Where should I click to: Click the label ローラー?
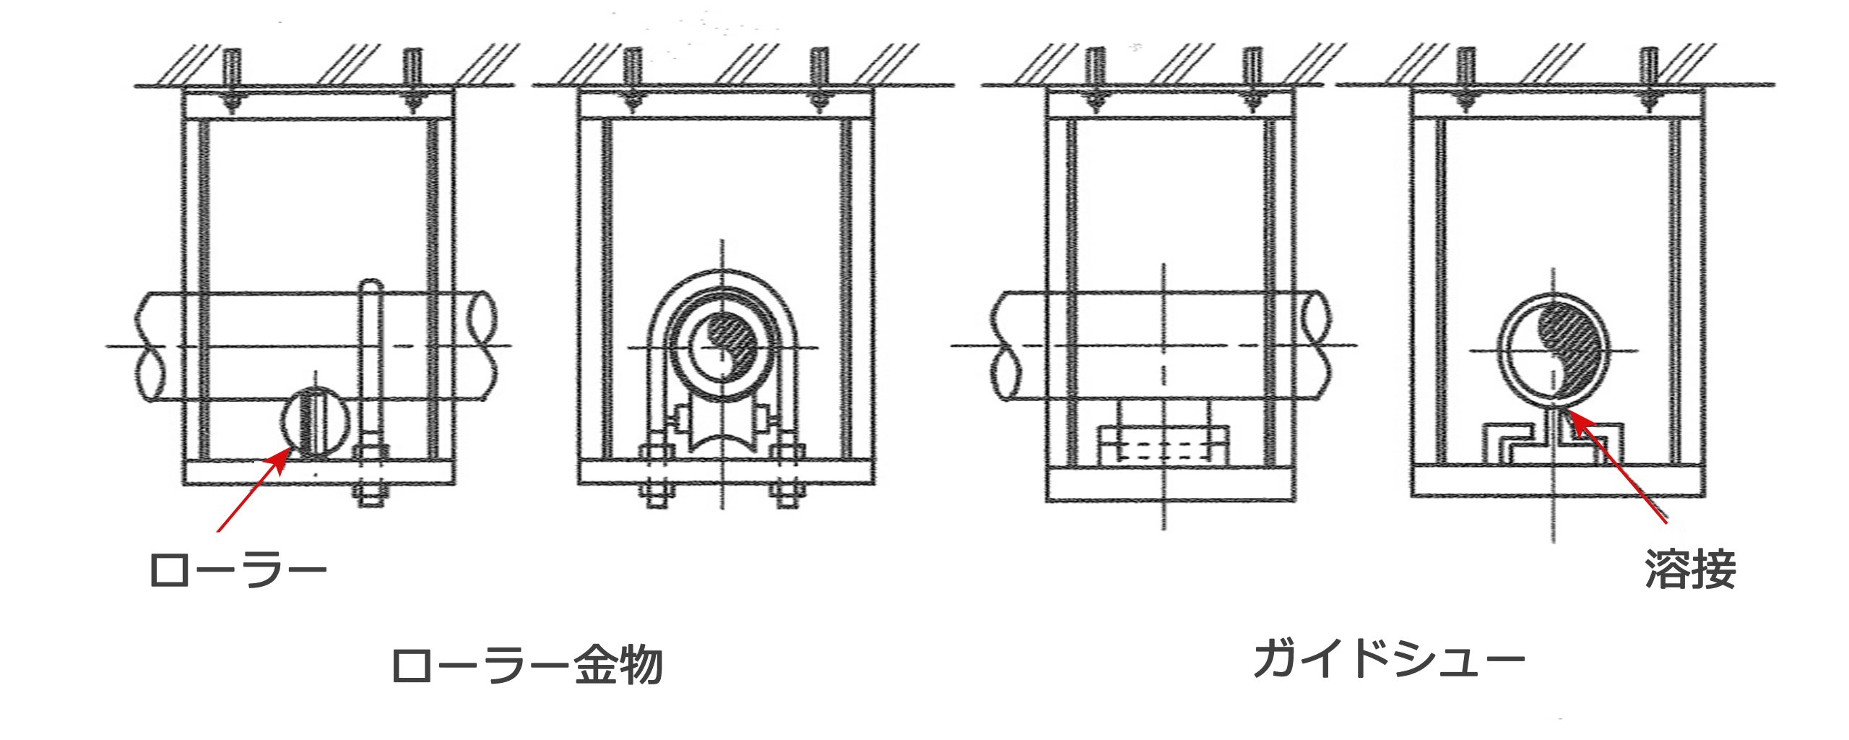238,571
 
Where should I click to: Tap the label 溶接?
1690,571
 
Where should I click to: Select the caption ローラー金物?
527,666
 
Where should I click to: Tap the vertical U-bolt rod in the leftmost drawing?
371,361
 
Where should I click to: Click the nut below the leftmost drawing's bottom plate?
371,496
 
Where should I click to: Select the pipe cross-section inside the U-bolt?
723,348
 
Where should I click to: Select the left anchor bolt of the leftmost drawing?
231,76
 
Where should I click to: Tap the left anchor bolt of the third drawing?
1095,76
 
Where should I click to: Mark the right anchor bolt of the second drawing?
818,76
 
